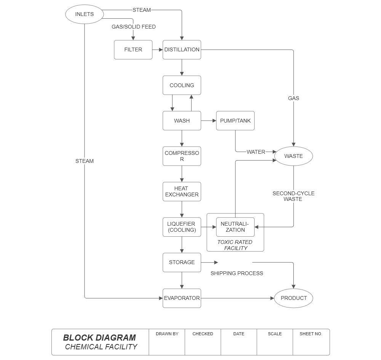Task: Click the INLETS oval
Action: coord(84,14)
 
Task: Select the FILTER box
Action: coord(133,49)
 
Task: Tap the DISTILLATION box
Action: coord(182,49)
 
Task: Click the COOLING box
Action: coord(182,85)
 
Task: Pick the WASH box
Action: coord(182,121)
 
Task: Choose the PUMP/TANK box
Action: coord(235,121)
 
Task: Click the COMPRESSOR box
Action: coord(182,156)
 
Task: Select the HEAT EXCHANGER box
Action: coord(182,191)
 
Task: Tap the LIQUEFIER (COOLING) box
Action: coord(182,227)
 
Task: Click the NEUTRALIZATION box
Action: coord(235,227)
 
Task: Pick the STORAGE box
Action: coord(182,262)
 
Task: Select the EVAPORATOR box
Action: coord(182,298)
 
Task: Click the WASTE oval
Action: coord(293,156)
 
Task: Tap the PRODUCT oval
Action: coord(293,298)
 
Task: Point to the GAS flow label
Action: coord(293,98)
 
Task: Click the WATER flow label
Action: coord(256,152)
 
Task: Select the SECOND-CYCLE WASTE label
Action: coord(293,196)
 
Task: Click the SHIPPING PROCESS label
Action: coord(237,273)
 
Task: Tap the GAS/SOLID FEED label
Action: coord(133,27)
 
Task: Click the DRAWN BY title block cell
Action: coord(167,342)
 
